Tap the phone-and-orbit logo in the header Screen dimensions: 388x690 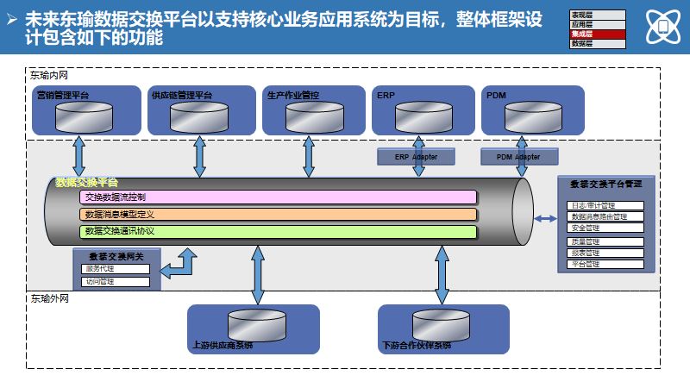coord(663,27)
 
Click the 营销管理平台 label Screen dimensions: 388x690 coord(62,95)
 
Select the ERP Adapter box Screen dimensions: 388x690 coord(416,157)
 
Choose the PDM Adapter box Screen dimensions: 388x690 coord(518,157)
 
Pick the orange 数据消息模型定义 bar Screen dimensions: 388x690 coord(278,214)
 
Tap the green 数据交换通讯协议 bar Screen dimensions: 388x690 coord(278,231)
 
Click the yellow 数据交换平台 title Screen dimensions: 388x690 coord(86,182)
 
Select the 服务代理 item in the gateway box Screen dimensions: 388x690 coord(115,268)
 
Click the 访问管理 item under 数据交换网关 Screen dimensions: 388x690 coord(115,281)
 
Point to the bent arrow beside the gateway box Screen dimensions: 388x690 coord(180,264)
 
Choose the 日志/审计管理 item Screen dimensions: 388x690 coord(605,206)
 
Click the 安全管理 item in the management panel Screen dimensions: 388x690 coord(605,228)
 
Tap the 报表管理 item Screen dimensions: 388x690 coord(605,253)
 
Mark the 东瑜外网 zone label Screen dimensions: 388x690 coord(49,298)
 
